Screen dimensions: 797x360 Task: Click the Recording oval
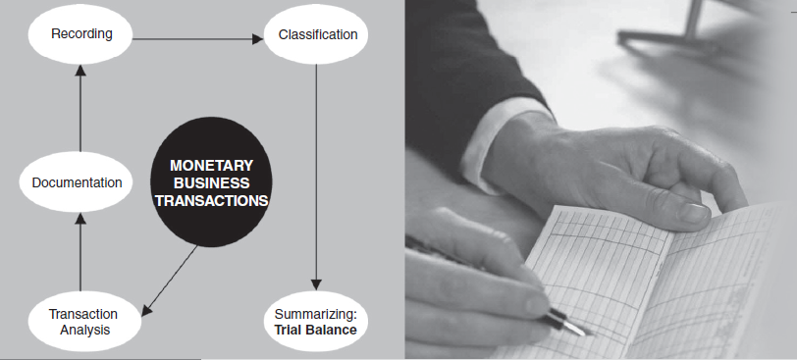pos(80,34)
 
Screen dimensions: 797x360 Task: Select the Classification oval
pos(316,34)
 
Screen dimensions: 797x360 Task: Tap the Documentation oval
pos(77,182)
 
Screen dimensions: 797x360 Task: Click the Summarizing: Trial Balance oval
pos(316,322)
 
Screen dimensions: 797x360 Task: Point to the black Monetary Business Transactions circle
pos(211,182)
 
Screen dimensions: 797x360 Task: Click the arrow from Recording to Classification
pos(198,39)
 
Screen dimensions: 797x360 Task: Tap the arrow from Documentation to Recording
pos(80,108)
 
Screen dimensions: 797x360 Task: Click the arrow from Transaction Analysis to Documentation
pos(80,252)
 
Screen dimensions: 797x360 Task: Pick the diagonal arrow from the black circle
pos(171,281)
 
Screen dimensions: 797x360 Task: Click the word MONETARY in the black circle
pos(211,166)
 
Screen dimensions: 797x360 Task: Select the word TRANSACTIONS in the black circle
pos(211,200)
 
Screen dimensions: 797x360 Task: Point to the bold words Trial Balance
pos(316,330)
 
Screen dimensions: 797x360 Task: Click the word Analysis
pos(84,330)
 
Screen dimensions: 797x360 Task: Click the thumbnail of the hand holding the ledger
pos(694,212)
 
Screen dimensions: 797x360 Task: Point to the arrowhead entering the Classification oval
pos(258,39)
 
